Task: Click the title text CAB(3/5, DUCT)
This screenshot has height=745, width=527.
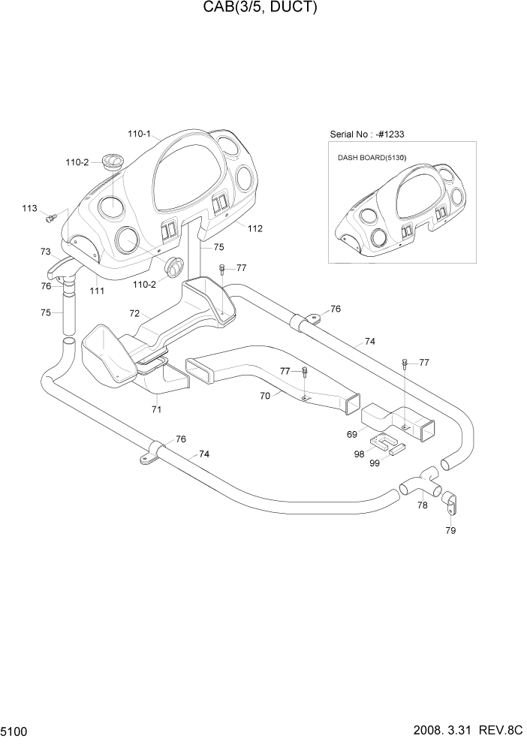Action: [263, 8]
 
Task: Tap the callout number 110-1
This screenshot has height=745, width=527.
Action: [140, 134]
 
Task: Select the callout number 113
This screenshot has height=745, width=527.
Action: [29, 208]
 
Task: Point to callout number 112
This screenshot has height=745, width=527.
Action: [255, 228]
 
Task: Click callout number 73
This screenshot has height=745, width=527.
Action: [45, 252]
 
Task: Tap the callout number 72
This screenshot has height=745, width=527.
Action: [134, 312]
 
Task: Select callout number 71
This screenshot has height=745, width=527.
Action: [156, 409]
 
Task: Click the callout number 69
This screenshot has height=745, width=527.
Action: [351, 434]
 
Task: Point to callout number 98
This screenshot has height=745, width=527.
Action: [359, 453]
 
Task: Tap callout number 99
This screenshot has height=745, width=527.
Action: [375, 463]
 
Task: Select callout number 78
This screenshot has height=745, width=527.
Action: [423, 505]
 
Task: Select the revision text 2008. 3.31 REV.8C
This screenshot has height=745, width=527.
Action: [465, 731]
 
